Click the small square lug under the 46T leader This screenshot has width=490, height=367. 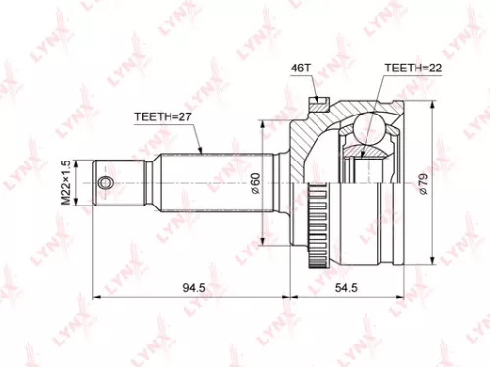(x=318, y=101)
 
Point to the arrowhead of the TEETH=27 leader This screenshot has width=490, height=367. (x=200, y=154)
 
